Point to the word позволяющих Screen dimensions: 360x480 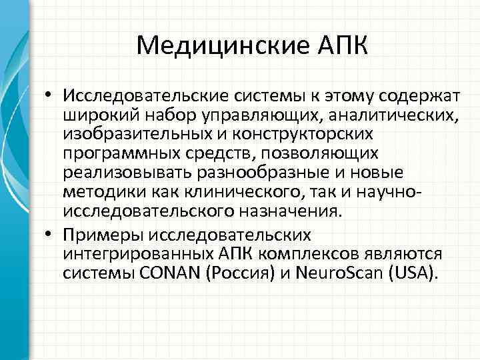[319, 154]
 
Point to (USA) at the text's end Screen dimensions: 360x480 [409, 273]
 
